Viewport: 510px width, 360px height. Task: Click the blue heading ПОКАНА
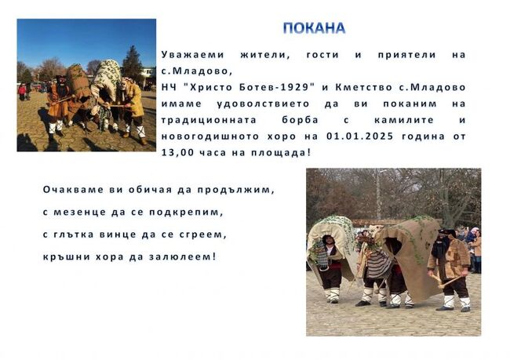pyautogui.click(x=314, y=28)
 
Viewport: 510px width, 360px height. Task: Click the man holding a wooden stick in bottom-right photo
pyautogui.click(x=453, y=263)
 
